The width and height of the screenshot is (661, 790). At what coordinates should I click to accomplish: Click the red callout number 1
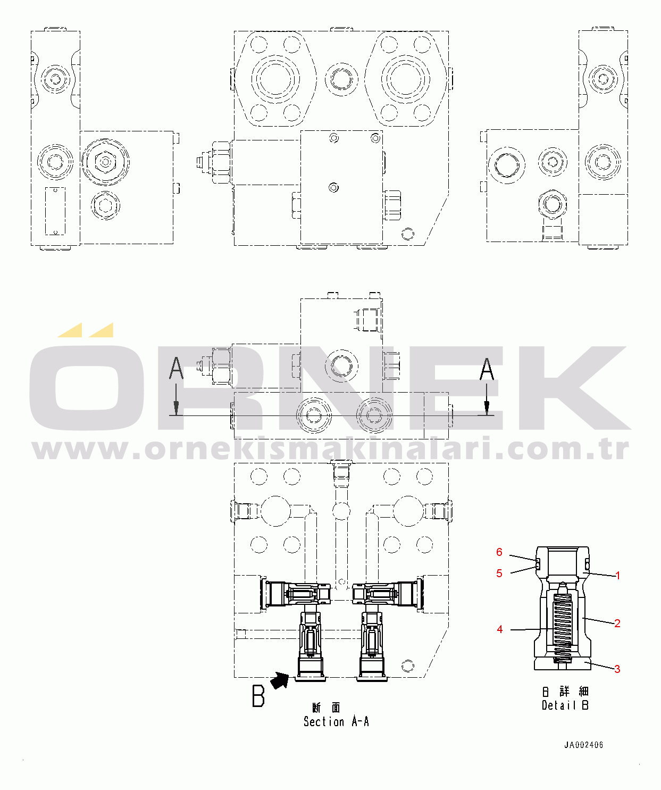click(x=617, y=576)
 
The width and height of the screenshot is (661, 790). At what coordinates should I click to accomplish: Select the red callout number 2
click(x=617, y=623)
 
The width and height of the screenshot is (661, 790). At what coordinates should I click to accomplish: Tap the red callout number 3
click(x=617, y=669)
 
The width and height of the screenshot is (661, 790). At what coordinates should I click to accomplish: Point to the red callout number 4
click(x=500, y=629)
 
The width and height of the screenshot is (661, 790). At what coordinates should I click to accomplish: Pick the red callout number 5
click(x=499, y=573)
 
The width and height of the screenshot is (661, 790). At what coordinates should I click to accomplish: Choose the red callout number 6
click(x=499, y=552)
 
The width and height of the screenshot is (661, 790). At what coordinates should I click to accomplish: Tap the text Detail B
click(x=565, y=705)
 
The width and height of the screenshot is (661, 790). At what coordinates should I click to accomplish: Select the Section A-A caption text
click(x=336, y=721)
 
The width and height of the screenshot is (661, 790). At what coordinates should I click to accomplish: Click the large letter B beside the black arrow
click(x=258, y=696)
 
